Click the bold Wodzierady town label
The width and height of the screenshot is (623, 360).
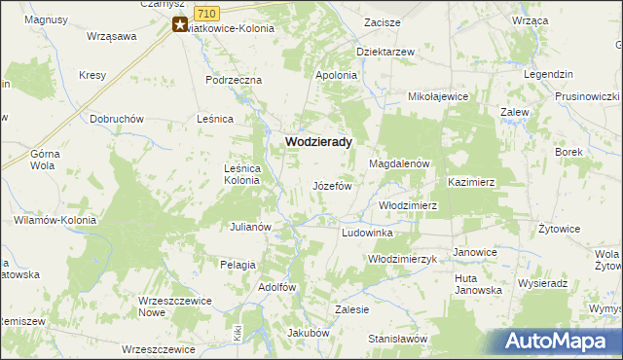pos(317,141)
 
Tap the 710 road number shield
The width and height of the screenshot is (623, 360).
pos(205,13)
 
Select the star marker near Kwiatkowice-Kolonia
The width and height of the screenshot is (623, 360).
pos(180,26)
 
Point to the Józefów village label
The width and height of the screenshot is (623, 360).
pos(331,186)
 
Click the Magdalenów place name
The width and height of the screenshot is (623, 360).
pos(399,164)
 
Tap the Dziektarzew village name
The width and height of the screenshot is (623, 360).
pos(385,52)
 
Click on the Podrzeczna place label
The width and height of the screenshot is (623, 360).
pos(234,80)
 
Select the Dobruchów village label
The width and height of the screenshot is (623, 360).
pos(117,119)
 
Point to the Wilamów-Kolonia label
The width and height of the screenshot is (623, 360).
pos(55,221)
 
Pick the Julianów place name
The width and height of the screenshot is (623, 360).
pos(249,227)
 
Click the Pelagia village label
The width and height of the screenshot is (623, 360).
pos(238,265)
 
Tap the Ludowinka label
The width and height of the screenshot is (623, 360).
pos(367,234)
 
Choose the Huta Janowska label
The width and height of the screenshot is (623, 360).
pos(478,284)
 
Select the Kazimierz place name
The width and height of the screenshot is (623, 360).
pos(472,182)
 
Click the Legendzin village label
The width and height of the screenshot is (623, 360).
pos(546,75)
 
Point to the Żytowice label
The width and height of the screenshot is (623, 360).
pos(560,229)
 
